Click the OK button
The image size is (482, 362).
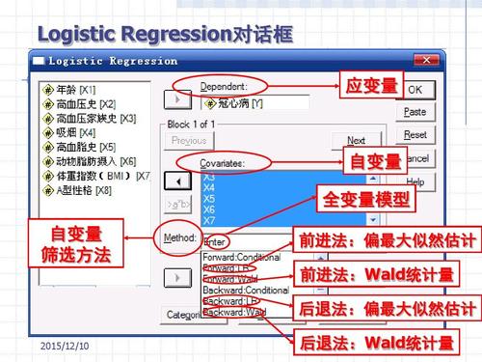click(414, 89)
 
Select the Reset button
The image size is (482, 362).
click(415, 135)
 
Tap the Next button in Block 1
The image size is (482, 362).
click(356, 140)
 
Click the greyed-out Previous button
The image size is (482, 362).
click(189, 141)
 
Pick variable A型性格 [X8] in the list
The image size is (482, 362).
click(75, 190)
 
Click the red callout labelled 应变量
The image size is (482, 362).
click(370, 86)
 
